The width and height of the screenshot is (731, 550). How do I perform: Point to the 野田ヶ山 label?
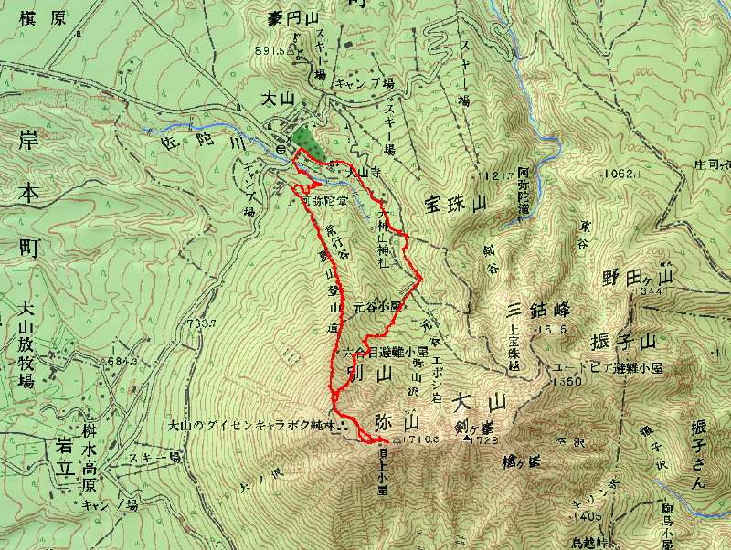636,276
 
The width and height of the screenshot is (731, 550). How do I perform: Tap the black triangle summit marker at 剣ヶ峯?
468,439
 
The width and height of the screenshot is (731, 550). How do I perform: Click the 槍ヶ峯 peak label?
521,462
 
